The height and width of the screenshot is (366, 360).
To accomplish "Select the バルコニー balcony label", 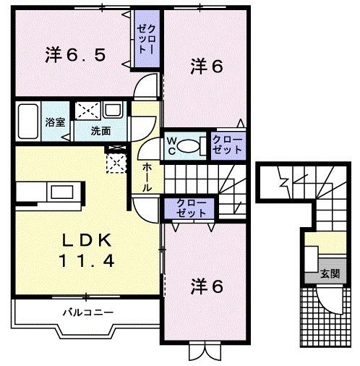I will point(86,312).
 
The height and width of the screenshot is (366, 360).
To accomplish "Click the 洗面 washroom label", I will point(100,131).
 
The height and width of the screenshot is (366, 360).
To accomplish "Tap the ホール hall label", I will point(147,176).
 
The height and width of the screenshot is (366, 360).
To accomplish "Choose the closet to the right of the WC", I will point(227,145).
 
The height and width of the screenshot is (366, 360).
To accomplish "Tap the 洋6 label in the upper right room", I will point(207,67).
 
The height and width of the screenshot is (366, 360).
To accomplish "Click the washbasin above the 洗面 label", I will point(114,112).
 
